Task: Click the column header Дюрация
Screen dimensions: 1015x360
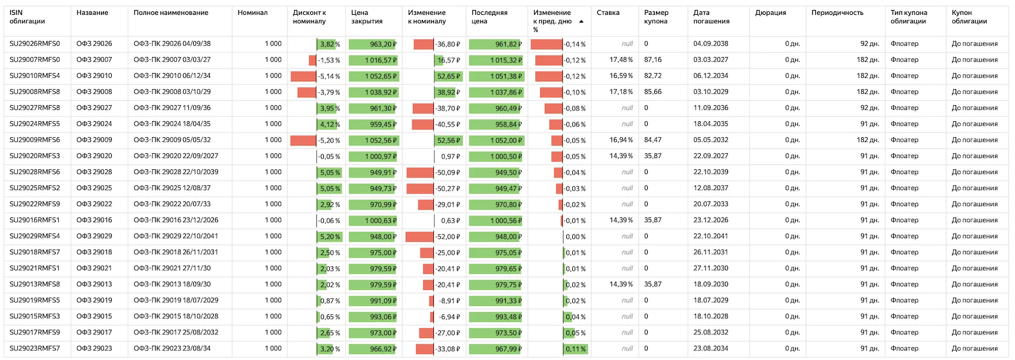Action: pos(770,12)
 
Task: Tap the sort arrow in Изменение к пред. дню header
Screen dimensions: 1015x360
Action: pos(581,21)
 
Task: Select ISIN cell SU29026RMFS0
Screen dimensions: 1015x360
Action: pos(34,44)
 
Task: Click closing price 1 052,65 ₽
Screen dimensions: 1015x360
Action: pos(380,76)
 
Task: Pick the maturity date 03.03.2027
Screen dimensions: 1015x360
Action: pos(711,60)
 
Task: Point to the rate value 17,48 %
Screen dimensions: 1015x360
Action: pos(621,60)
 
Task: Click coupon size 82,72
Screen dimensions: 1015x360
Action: pos(652,75)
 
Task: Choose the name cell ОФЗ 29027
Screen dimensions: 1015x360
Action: pos(94,108)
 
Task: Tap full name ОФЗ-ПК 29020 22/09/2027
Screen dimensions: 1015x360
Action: pos(176,156)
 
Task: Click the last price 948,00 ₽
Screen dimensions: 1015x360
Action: pos(509,236)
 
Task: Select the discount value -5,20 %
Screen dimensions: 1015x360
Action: pos(329,140)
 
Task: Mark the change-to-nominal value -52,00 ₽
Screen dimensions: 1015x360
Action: pos(447,236)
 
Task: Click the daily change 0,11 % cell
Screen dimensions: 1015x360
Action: pos(575,349)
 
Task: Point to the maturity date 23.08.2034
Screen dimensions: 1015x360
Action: pos(711,348)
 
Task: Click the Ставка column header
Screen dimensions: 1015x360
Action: pos(608,12)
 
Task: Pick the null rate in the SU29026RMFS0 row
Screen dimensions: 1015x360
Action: pos(627,44)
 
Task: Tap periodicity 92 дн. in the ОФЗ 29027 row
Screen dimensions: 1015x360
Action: pos(869,108)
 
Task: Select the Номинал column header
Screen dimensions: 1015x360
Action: pos(253,12)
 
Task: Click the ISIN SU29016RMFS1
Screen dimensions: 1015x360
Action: pos(34,220)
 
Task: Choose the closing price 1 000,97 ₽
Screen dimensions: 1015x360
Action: pos(380,156)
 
